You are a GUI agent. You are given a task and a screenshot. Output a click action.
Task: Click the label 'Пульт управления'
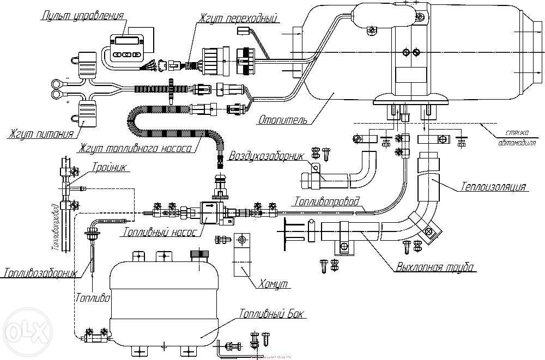tap(82, 15)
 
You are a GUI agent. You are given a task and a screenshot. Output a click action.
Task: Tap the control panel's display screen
tap(126, 40)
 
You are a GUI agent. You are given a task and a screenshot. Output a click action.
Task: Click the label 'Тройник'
tap(111, 168)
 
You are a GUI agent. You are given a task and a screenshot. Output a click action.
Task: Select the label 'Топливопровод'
tap(327, 201)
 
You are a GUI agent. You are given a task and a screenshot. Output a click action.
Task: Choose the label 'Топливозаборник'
tap(39, 272)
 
